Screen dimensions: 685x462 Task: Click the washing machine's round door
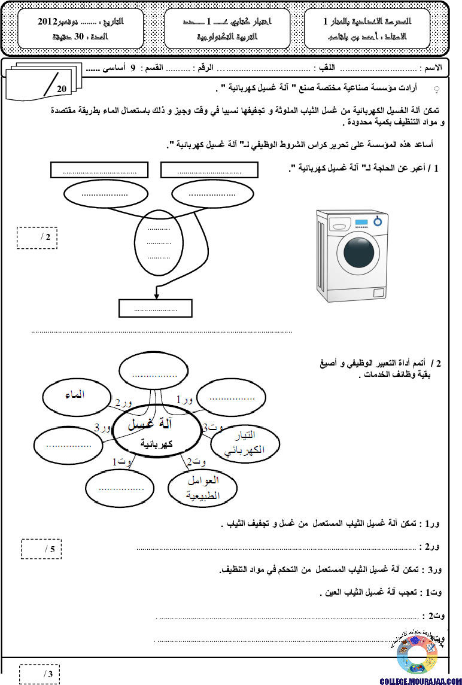(x=358, y=253)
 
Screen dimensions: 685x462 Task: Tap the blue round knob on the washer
(x=378, y=221)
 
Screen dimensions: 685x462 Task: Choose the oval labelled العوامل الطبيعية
(x=203, y=488)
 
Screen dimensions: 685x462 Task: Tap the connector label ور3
(x=103, y=427)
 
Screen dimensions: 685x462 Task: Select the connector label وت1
(x=122, y=461)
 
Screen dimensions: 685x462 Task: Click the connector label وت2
(x=196, y=461)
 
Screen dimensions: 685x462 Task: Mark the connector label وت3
(x=213, y=428)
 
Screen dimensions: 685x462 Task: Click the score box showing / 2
(x=37, y=238)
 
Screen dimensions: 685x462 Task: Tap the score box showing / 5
(x=41, y=549)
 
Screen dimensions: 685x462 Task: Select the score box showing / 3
(x=39, y=674)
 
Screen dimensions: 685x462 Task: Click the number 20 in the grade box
(x=62, y=89)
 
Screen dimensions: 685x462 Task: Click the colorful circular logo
(x=417, y=655)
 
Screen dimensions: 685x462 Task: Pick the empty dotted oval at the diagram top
(x=154, y=371)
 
